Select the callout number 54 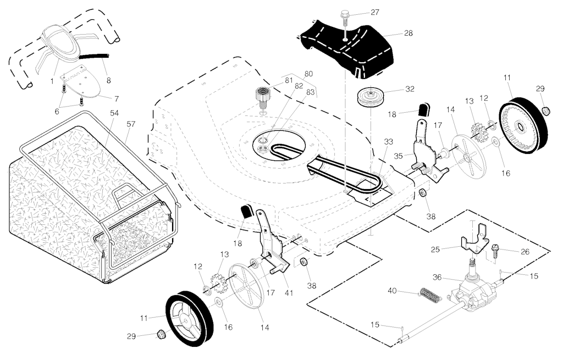114,113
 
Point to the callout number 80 308,73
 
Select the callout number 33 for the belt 388,142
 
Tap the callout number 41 289,292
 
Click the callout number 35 399,156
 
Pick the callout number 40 393,290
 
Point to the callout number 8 108,80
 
